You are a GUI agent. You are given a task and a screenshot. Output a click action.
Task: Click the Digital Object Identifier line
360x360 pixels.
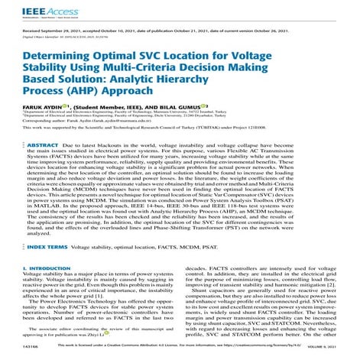point(69,36)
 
